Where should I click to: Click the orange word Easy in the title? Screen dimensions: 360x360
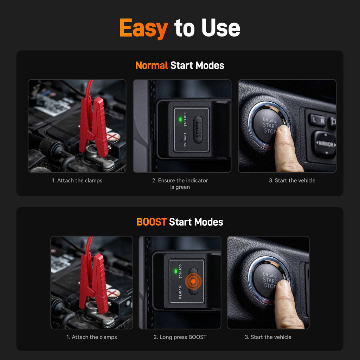point(143,28)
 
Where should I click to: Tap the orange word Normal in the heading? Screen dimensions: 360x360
point(152,65)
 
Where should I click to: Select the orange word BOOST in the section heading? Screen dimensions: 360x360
point(151,222)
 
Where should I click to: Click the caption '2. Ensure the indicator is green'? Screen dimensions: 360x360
point(180,184)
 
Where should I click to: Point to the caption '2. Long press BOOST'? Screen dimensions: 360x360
point(180,337)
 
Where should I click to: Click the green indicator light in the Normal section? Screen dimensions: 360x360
point(180,120)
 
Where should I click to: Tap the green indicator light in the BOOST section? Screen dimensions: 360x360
point(175,271)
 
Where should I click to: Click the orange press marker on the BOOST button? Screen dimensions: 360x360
point(193,282)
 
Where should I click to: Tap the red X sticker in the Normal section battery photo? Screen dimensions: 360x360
point(113,136)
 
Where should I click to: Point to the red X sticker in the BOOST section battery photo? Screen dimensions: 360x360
point(112,293)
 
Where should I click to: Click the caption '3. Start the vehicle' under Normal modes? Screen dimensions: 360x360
point(292,180)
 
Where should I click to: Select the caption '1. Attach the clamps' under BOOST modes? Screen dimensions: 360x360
point(91,337)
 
